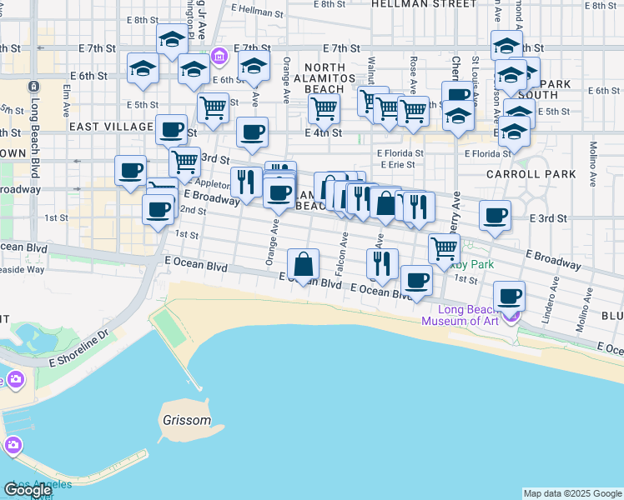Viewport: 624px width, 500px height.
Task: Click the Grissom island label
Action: pyautogui.click(x=187, y=420)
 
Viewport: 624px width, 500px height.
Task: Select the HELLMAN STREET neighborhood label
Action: pyautogui.click(x=423, y=4)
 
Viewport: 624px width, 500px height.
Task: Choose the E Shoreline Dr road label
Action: pyautogui.click(x=80, y=348)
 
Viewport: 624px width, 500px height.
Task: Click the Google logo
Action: pyautogui.click(x=28, y=490)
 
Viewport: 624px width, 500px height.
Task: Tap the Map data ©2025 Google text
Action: pyautogui.click(x=571, y=493)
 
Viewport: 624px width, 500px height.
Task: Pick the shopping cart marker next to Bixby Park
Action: pyautogui.click(x=444, y=247)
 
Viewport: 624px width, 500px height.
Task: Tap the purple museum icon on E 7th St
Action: pyautogui.click(x=219, y=57)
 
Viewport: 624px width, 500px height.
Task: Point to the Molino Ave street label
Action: pyautogui.click(x=594, y=157)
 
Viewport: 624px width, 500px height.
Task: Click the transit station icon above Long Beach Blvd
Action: pyautogui.click(x=33, y=86)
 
